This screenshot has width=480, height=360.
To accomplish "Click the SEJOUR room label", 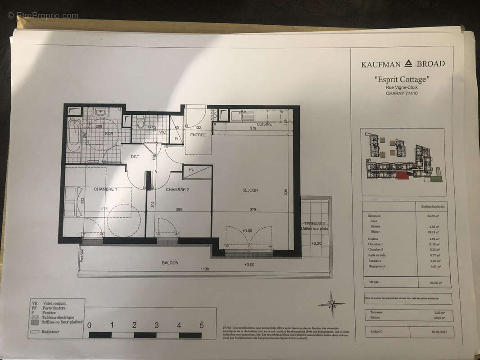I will [x=250, y=190].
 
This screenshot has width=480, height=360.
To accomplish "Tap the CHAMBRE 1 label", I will [x=105, y=189].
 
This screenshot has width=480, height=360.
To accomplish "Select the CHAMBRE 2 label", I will [x=177, y=190].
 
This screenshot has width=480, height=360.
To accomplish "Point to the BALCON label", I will [x=170, y=263].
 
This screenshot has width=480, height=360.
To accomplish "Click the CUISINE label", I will [x=264, y=124].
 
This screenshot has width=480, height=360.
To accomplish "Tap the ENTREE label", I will [x=198, y=135].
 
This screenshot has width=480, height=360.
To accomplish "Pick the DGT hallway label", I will [x=135, y=157].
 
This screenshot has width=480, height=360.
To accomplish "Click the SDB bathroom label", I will [x=109, y=134].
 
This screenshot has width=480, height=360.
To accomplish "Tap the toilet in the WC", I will [x=140, y=124].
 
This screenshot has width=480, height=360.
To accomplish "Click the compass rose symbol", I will [x=332, y=304].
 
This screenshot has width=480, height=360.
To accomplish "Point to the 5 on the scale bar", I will [x=201, y=325].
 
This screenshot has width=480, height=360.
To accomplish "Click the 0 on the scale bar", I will [x=89, y=325].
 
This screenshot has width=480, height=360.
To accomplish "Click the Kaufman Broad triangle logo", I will [x=408, y=63].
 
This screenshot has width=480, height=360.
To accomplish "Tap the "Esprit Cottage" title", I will [x=402, y=80].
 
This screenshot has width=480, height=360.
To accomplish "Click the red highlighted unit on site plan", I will [x=403, y=176].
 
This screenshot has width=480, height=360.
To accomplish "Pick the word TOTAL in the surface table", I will [x=374, y=282].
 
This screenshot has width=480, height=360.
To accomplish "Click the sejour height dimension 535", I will [x=285, y=191].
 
